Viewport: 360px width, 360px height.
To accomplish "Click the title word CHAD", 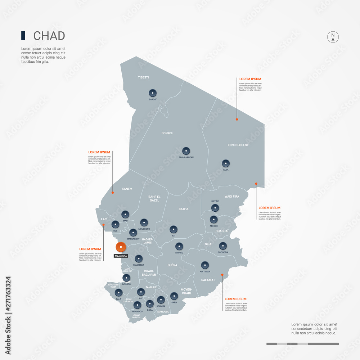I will point(49,36).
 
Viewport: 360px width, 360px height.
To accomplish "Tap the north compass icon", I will point(333,37).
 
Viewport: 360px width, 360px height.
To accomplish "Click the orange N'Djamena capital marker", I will point(121,247).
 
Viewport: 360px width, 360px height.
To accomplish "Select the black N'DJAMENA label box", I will point(121,256).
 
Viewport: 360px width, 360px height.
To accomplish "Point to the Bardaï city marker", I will point(153,93).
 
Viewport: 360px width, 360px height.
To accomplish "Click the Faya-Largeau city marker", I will point(186,151).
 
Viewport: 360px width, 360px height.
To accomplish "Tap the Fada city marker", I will point(226,163).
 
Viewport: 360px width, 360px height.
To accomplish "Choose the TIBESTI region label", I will point(143,77).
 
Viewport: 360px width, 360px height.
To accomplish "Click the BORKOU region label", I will point(167,133).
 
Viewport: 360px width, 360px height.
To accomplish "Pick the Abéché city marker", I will point(214,219).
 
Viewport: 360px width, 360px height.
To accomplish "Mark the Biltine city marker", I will point(215,207).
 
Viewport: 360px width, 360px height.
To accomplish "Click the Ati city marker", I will point(174,229).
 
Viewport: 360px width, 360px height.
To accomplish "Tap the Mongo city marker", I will point(179,247).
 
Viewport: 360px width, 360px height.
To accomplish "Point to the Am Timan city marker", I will point(205,265).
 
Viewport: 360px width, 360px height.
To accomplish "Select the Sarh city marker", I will point(174,296).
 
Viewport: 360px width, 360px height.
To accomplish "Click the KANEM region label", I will point(127,189).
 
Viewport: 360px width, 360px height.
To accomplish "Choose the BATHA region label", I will point(184,209).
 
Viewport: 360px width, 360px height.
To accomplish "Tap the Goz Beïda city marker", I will point(223,246).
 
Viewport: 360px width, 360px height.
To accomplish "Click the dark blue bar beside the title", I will point(23,36).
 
